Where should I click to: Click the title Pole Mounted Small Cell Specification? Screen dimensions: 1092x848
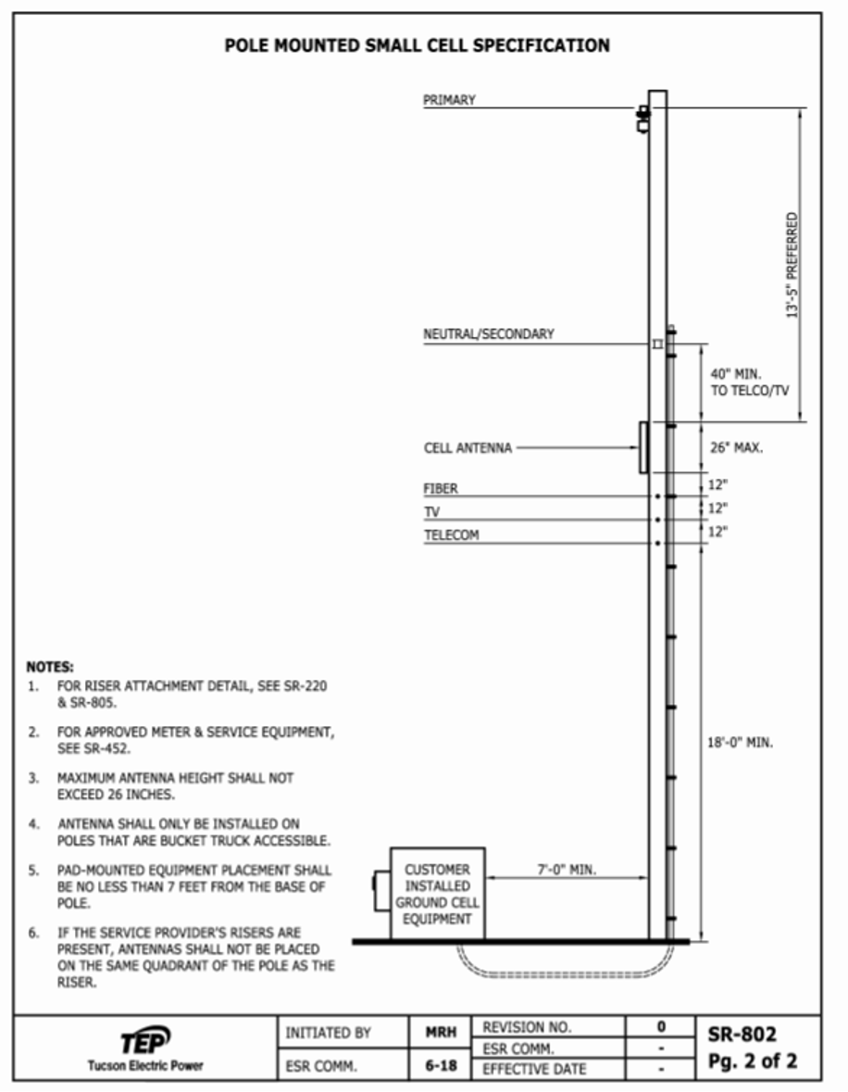418,45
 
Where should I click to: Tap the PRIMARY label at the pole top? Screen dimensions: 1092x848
449,101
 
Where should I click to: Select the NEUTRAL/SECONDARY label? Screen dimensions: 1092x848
489,334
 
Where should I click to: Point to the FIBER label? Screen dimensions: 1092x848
441,489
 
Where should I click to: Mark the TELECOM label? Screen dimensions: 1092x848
452,535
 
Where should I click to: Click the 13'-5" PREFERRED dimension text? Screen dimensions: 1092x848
792,267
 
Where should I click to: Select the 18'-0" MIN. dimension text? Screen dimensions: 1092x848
741,743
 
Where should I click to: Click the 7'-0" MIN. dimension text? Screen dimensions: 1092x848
567,871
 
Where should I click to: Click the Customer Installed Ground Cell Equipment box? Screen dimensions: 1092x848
437,895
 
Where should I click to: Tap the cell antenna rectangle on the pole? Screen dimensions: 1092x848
643,447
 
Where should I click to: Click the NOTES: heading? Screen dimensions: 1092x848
51,666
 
